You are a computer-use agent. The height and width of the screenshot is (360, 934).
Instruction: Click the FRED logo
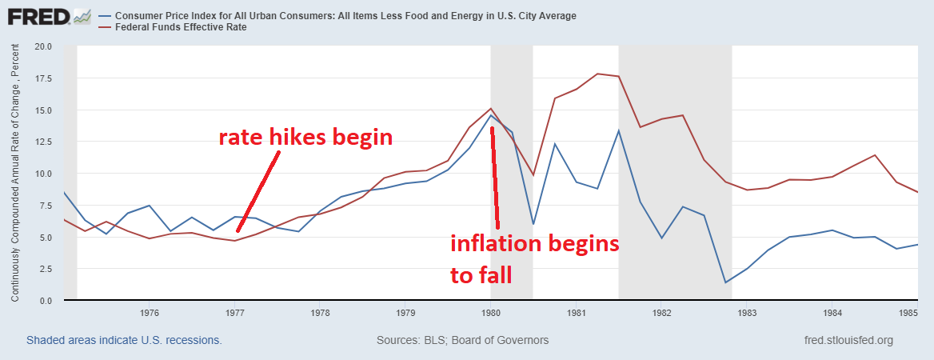coord(48,17)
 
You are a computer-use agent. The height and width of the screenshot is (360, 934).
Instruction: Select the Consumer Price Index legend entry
coord(344,16)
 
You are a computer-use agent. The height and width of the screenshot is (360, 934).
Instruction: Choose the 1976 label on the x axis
coord(150,313)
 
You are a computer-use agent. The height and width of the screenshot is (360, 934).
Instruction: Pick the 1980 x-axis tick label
coord(490,313)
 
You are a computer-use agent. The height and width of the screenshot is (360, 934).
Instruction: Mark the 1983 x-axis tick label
coord(746,313)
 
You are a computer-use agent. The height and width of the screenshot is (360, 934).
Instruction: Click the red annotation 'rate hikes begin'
coord(305,138)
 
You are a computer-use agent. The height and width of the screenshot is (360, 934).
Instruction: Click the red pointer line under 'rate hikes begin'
coord(258,191)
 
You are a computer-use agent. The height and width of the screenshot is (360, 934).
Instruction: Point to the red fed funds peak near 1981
coord(597,74)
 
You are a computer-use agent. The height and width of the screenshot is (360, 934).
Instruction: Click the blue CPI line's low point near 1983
coord(725,282)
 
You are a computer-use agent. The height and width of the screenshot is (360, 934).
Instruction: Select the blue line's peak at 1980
coord(491,115)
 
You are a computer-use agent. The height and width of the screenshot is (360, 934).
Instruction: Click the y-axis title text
coord(15,173)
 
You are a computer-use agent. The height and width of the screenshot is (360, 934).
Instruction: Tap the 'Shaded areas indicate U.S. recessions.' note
coord(124,341)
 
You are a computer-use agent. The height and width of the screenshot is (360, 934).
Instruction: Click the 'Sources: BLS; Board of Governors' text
coord(462,341)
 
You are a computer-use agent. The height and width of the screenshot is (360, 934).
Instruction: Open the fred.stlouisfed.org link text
coord(848,341)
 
